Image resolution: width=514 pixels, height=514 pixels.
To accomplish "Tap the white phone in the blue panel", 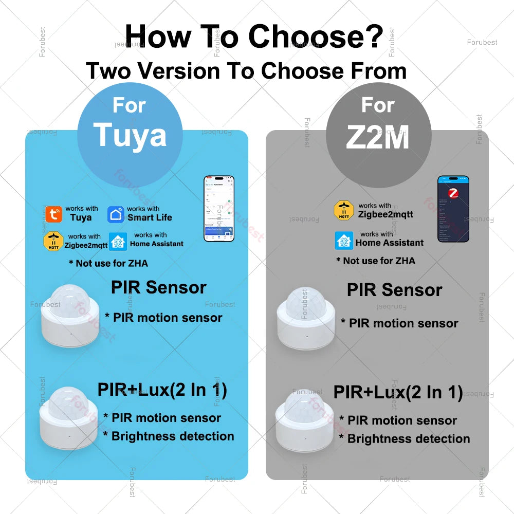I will (219, 209).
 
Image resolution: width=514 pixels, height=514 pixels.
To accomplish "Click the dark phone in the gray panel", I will (453, 209).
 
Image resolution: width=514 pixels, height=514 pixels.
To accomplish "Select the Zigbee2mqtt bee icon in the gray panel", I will (343, 211).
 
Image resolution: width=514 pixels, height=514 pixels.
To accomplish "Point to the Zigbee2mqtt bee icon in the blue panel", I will (53, 241).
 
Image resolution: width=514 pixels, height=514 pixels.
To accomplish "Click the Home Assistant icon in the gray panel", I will (344, 241).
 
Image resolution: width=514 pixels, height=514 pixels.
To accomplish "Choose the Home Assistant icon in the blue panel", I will (119, 241).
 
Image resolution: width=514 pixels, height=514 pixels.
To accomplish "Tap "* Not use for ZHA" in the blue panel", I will (108, 263).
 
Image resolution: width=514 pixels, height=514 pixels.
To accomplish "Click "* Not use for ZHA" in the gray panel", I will (375, 261).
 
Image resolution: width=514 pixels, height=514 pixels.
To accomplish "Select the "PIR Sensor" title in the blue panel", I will (158, 287).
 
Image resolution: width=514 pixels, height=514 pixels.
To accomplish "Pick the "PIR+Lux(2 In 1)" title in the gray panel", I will (398, 392).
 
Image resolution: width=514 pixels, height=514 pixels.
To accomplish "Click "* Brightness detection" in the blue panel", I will (169, 436).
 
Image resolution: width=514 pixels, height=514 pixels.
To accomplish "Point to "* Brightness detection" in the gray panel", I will (405, 439).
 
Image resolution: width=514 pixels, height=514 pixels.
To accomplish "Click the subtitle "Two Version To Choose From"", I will (246, 71).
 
